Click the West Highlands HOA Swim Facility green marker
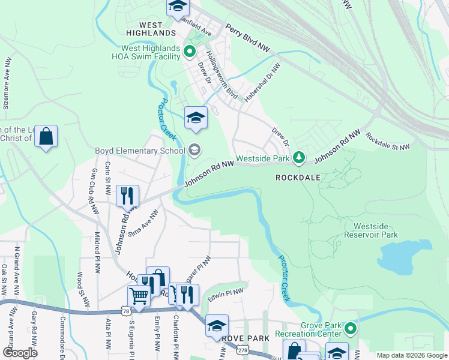(190, 52)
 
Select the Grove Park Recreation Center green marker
(351, 329)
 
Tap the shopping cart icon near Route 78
(139, 296)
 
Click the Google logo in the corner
(20, 353)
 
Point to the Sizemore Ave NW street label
(7, 83)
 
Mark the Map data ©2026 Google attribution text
(411, 355)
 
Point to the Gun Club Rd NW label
(94, 191)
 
